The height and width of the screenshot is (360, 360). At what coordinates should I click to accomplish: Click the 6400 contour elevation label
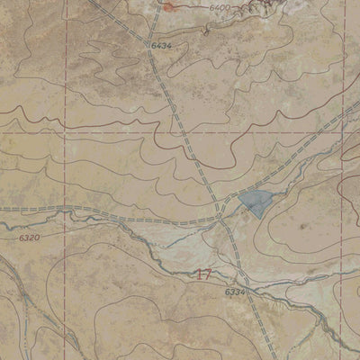pyautogui.click(x=220, y=7)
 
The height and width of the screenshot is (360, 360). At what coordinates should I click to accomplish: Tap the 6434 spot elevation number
pyautogui.click(x=162, y=44)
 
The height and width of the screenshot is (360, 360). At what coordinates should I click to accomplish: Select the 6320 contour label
pyautogui.click(x=29, y=238)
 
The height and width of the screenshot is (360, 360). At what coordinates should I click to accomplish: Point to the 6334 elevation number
pyautogui.click(x=234, y=292)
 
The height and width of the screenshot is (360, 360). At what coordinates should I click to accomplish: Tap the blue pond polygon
pyautogui.click(x=254, y=202)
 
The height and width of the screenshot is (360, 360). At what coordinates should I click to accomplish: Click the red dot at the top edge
pyautogui.click(x=167, y=5)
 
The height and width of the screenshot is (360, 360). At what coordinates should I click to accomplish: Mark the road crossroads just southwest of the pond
pyautogui.click(x=221, y=216)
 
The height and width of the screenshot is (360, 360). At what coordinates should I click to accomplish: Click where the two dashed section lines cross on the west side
pyautogui.click(x=66, y=132)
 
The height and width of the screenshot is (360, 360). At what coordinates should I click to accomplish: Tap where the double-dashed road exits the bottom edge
pyautogui.click(x=267, y=358)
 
